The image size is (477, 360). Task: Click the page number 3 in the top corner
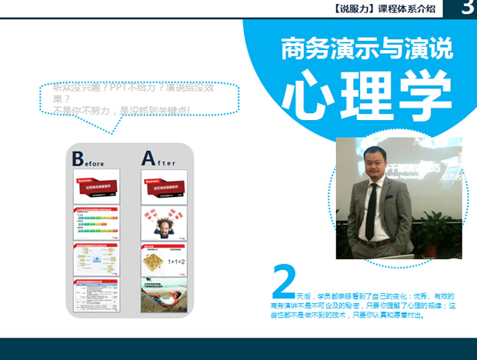coord(467,8)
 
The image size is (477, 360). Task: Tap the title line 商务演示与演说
coord(367,48)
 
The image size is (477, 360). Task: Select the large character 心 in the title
coord(308,96)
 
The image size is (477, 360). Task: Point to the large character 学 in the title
coord(424,96)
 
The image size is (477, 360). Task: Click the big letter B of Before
coord(78,158)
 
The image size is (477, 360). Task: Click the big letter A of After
coord(148,158)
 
